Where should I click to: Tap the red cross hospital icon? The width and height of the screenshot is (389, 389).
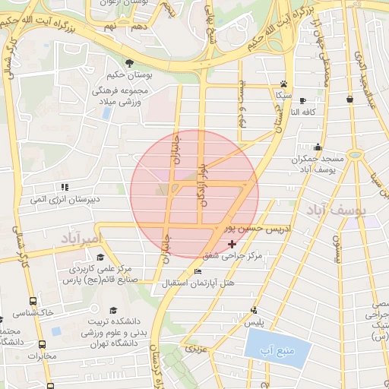click(232, 244)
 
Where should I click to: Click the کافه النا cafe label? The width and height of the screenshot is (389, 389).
click(312, 112)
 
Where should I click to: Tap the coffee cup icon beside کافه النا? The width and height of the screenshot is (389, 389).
click(302, 100)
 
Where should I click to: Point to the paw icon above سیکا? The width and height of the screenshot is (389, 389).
click(283, 84)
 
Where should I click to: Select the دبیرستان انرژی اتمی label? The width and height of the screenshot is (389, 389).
click(65, 200)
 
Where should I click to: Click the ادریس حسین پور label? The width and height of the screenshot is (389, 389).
click(251, 227)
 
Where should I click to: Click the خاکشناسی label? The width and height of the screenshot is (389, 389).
click(34, 312)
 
